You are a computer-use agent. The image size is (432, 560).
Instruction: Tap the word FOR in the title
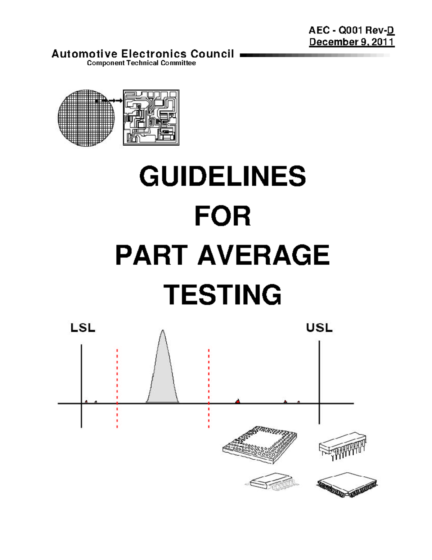pyautogui.click(x=222, y=216)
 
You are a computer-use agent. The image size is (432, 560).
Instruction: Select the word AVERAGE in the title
pyautogui.click(x=264, y=255)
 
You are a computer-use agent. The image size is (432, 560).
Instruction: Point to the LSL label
pyautogui.click(x=83, y=328)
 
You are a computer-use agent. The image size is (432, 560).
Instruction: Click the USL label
pyautogui.click(x=319, y=328)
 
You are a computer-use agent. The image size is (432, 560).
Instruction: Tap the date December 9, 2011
pyautogui.click(x=352, y=42)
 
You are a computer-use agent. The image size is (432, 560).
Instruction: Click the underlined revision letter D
pyautogui.click(x=391, y=31)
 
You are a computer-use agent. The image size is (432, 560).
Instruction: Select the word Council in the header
pyautogui.click(x=212, y=54)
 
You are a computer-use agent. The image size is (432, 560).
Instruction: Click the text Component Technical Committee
pyautogui.click(x=141, y=63)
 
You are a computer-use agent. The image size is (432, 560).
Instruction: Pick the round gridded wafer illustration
pyautogui.click(x=86, y=118)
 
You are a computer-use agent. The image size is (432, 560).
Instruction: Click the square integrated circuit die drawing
pyautogui.click(x=151, y=118)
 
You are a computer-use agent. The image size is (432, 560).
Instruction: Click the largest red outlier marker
pyautogui.click(x=238, y=401)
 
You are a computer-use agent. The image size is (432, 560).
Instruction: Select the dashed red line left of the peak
pyautogui.click(x=117, y=389)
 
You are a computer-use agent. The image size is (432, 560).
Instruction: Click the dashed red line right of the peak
pyautogui.click(x=209, y=389)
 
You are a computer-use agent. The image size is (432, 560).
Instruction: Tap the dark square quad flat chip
pyautogui.click(x=347, y=485)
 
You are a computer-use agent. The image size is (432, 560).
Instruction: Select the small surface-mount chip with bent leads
pyautogui.click(x=272, y=480)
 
